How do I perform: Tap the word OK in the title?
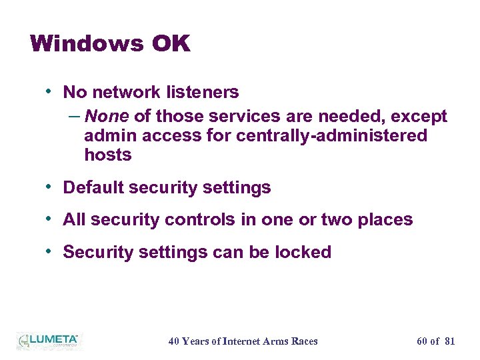tap(171, 44)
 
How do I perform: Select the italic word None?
tap(107, 117)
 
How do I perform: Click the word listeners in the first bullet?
tap(203, 92)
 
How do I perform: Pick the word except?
tap(419, 117)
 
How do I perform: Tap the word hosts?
tap(108, 155)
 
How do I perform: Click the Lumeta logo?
tap(48, 340)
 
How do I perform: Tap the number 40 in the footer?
tap(174, 341)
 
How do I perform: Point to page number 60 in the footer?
tap(422, 341)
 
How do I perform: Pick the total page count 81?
tap(449, 341)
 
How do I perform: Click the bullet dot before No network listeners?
tap(51, 91)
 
